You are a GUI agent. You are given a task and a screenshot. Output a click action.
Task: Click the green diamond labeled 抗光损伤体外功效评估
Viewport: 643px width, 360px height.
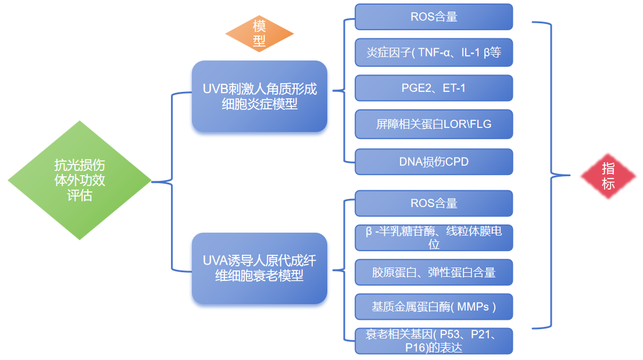pos(80,180)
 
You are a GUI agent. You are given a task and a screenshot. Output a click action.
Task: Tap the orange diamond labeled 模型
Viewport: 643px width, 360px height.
pos(259,34)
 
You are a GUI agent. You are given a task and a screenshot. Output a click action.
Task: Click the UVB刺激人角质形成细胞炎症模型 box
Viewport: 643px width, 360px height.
pos(259,97)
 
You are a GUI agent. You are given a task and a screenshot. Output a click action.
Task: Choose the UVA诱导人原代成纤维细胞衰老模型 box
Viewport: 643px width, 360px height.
pos(259,268)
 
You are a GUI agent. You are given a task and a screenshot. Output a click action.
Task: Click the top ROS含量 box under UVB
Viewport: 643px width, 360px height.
pos(434,17)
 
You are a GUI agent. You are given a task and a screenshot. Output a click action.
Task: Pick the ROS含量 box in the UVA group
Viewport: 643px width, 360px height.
pos(434,203)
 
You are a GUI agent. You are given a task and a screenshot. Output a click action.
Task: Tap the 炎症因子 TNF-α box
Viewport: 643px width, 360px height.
pos(434,53)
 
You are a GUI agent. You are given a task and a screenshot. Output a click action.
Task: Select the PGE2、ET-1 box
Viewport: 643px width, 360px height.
pos(434,88)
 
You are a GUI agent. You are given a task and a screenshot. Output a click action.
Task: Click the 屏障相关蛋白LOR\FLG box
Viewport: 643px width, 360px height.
pos(434,124)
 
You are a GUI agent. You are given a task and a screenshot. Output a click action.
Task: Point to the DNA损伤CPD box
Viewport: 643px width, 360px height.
pos(434,162)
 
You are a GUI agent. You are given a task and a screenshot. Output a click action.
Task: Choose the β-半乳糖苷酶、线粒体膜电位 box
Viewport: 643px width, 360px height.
pos(434,237)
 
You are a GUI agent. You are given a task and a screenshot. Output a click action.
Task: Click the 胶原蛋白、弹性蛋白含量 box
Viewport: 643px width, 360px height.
pos(434,272)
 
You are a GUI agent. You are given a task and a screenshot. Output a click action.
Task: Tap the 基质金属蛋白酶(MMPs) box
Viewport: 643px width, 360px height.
pos(434,306)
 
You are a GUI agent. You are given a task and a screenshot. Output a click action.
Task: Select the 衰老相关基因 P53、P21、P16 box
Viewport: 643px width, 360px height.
pos(434,341)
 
